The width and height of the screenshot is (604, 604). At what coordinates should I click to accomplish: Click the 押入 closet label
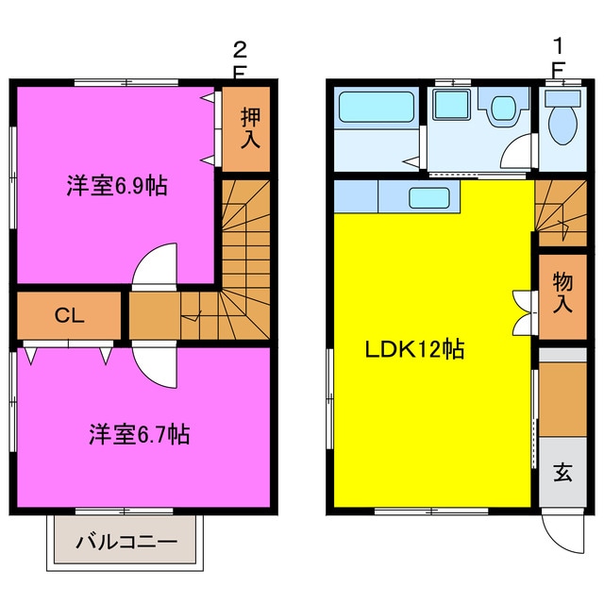coord(250,128)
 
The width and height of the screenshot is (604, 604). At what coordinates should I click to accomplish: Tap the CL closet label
coord(69,315)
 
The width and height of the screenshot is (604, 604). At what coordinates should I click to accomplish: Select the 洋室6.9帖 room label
coord(117,186)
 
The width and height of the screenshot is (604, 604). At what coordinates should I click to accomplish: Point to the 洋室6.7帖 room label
coord(140,434)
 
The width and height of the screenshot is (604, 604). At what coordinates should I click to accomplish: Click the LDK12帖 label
coord(414,349)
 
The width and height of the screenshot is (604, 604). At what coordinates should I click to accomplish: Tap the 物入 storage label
coord(562,293)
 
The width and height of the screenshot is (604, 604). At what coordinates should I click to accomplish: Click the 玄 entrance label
coord(562,472)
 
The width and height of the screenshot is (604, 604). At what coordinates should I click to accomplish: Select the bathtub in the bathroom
coord(377,107)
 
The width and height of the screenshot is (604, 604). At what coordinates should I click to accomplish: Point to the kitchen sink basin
coord(429,197)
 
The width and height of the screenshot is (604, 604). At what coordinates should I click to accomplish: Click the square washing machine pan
coord(451,105)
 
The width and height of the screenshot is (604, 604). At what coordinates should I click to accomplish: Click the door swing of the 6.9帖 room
coord(155,265)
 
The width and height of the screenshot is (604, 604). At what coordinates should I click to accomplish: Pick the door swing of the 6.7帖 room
coord(155,364)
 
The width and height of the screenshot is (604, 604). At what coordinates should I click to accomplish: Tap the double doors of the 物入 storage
coord(525,312)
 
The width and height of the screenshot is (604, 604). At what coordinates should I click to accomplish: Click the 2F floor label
coord(240,60)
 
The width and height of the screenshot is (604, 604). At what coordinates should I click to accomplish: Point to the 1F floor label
coord(558,59)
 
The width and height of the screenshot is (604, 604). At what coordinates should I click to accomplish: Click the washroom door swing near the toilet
coord(517,151)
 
